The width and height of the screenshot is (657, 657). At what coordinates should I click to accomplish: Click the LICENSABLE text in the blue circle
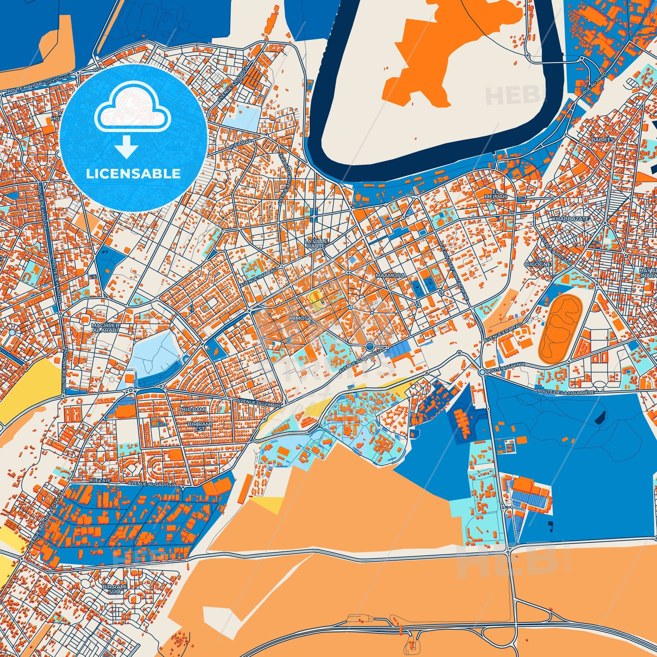(133, 174)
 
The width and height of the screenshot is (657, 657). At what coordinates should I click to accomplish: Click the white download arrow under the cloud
(126, 147)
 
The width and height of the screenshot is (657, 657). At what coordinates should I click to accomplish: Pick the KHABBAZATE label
(571, 218)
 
